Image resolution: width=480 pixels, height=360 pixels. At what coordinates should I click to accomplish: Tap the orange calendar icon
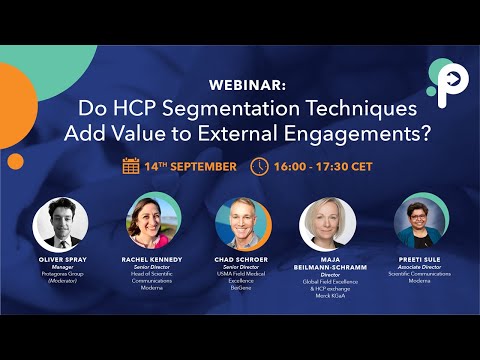point(131,166)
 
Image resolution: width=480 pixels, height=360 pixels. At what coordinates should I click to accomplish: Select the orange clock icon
point(259,166)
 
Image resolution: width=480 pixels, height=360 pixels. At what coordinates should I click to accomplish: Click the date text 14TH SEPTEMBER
point(190,166)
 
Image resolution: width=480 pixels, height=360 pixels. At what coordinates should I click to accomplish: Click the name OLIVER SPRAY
point(60,263)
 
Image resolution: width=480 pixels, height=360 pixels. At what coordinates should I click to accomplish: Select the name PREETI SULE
point(421,258)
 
